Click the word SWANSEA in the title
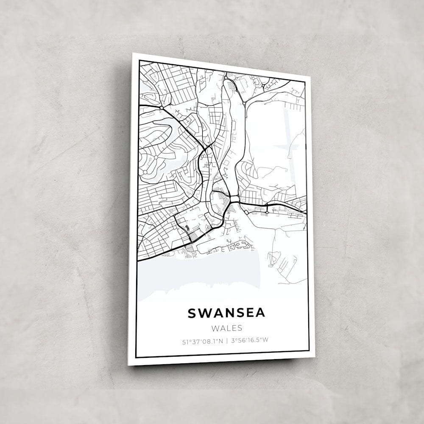(x=226, y=313)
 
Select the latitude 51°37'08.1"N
(x=202, y=340)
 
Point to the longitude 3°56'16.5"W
(x=251, y=340)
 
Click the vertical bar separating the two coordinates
(x=227, y=340)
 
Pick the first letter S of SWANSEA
(x=192, y=313)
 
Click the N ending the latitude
(x=220, y=340)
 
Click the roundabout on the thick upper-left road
(x=162, y=108)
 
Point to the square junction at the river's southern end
(x=234, y=199)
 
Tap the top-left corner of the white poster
(x=133, y=53)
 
